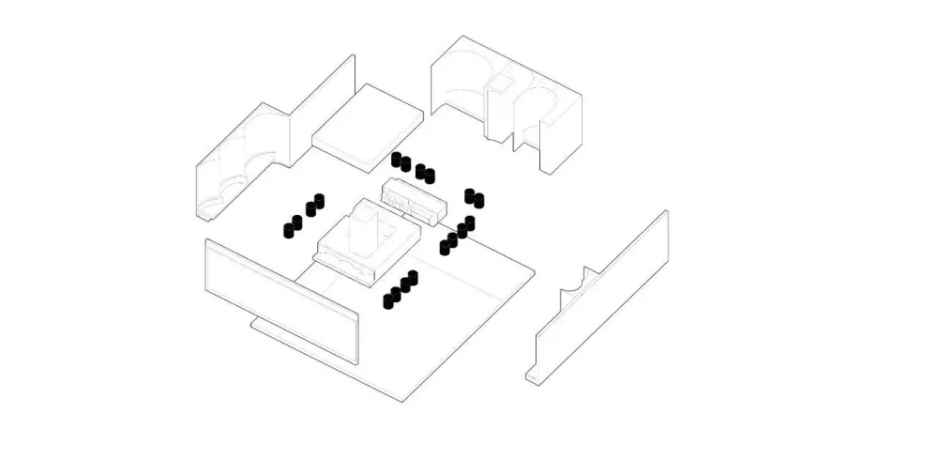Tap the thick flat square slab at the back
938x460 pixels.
[x=369, y=124]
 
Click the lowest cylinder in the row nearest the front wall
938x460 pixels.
[x=388, y=300]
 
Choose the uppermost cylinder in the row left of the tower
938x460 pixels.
[x=318, y=200]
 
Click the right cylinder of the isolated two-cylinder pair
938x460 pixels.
[x=478, y=199]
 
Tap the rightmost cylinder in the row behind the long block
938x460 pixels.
[x=431, y=176]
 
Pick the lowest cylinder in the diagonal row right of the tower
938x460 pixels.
[x=446, y=248]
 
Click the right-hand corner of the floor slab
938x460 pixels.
[x=535, y=273]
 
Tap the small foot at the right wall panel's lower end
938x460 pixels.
[x=533, y=378]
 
